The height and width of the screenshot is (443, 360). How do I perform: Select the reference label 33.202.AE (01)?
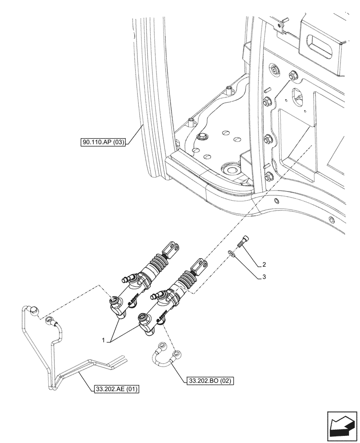[117, 389]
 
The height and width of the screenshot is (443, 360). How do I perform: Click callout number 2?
[264, 265]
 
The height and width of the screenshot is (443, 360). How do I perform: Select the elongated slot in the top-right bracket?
[319, 45]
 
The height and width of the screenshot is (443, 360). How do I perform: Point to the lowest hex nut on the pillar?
[269, 178]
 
